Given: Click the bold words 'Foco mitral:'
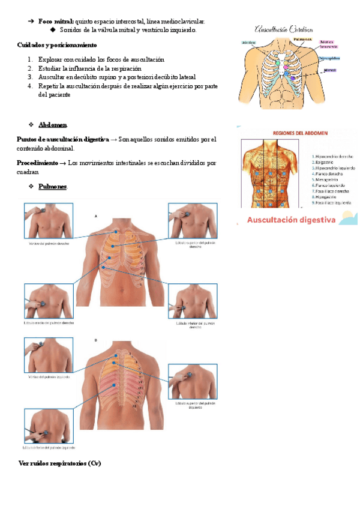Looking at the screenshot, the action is [x=56, y=21].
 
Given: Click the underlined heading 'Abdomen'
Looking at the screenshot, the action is [x=53, y=124].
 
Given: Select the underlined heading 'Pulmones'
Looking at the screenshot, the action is [x=53, y=187].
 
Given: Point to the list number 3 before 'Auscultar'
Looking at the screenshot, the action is [x=30, y=77].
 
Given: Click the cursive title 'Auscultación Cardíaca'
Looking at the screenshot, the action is [x=283, y=28].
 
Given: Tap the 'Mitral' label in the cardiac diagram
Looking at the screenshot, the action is [x=329, y=70].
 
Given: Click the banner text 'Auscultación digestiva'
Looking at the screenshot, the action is [x=292, y=220].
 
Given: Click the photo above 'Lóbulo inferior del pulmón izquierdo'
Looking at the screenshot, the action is [x=47, y=426].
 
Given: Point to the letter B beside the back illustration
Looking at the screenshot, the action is [x=96, y=340].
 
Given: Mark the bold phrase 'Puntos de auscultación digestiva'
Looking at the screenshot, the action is [x=63, y=139].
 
